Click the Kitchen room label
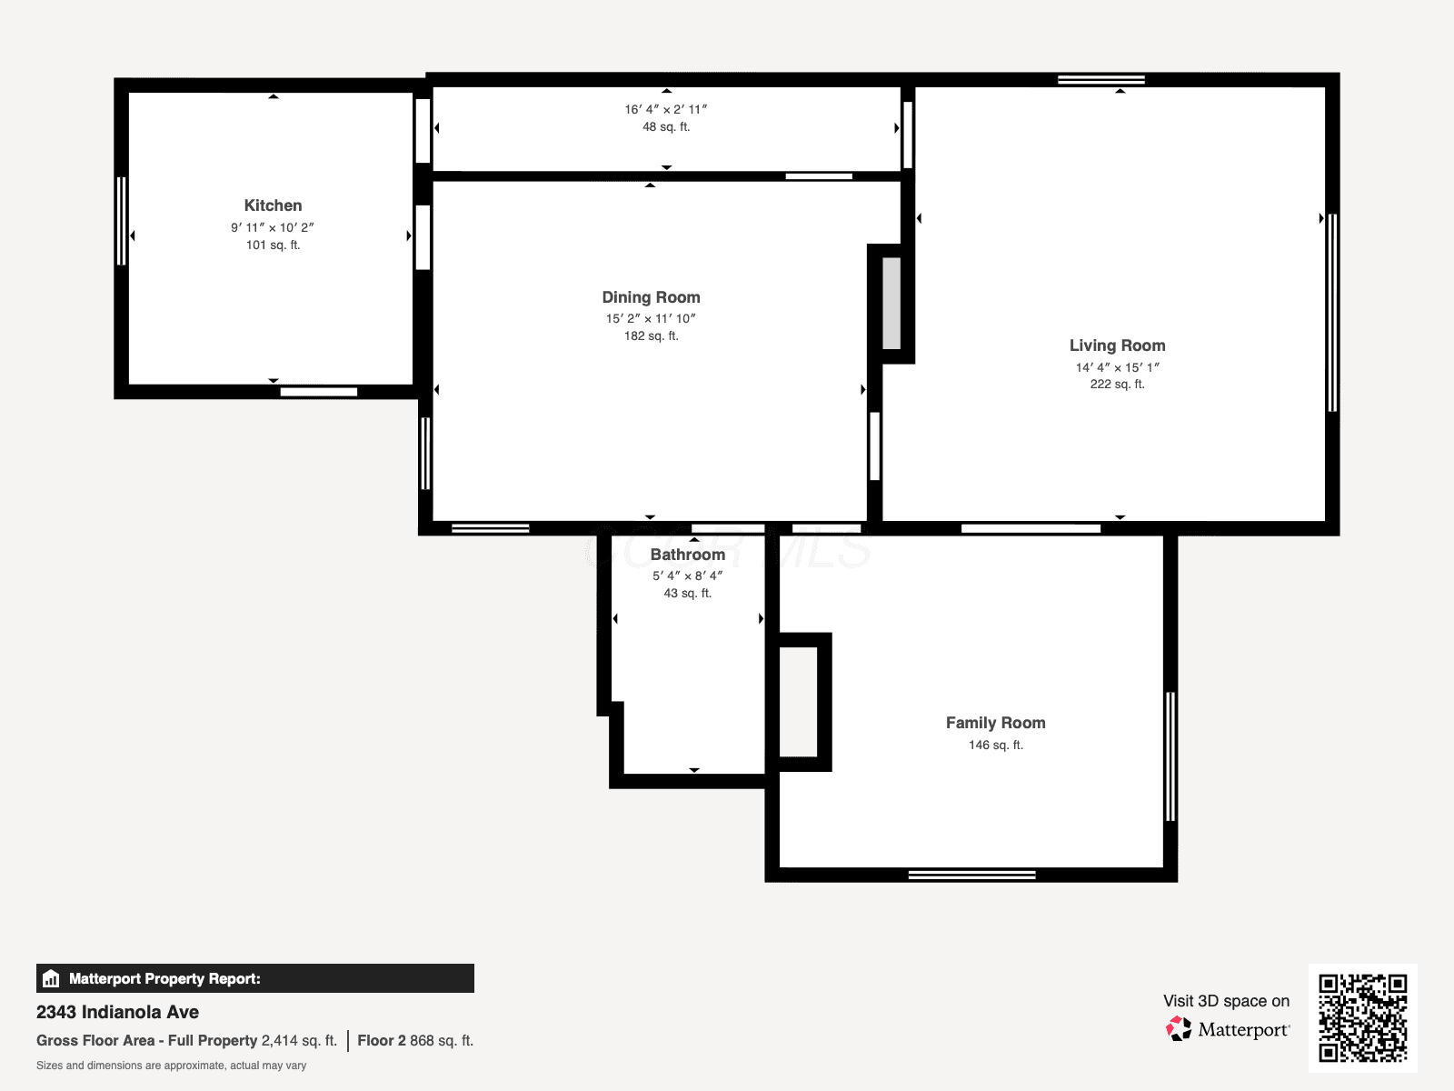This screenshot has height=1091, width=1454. click(273, 205)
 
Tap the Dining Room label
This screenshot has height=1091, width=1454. click(652, 297)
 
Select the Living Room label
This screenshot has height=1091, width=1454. click(1118, 345)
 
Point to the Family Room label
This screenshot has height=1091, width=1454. click(996, 723)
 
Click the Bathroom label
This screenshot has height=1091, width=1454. click(688, 555)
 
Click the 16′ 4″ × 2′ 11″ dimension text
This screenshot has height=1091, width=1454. click(666, 109)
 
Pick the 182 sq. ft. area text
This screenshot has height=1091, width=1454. click(652, 335)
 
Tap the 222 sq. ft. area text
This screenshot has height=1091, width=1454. click(1118, 385)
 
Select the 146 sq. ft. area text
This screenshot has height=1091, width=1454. click(996, 746)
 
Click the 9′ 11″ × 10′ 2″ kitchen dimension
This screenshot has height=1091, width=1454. click(273, 228)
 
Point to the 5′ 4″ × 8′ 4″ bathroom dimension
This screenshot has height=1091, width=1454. click(688, 576)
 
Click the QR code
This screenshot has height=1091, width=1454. click(1362, 1018)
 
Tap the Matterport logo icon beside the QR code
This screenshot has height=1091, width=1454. click(1179, 1029)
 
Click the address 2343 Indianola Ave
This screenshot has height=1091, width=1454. click(117, 1012)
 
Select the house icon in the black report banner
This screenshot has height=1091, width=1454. click(51, 978)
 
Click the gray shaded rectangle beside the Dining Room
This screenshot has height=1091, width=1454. click(891, 304)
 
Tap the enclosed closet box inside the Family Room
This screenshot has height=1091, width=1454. click(798, 702)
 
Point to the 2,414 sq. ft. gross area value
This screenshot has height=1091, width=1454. click(299, 1041)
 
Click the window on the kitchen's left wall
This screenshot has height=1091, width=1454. click(121, 221)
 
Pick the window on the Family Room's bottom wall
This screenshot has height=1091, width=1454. click(971, 875)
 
